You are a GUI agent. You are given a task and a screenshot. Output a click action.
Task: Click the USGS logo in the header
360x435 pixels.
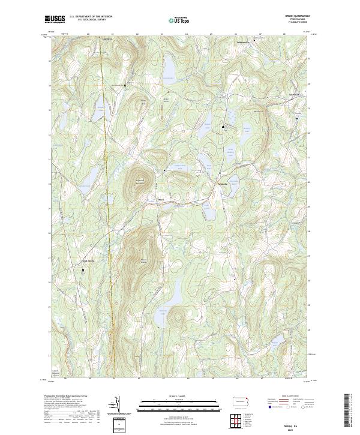[55, 19]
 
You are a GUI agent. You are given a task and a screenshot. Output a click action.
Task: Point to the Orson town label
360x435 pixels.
[160, 199]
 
